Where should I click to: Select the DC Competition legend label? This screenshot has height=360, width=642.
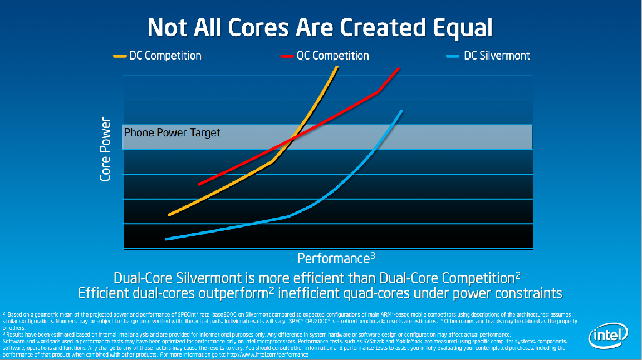pyautogui.click(x=165, y=56)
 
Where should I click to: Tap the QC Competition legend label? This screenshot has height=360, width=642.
pyautogui.click(x=332, y=56)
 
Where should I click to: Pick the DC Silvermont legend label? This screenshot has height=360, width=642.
pyautogui.click(x=497, y=56)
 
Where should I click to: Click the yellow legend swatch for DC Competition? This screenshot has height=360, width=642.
pyautogui.click(x=120, y=56)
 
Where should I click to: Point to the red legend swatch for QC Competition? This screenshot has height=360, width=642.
pyautogui.click(x=286, y=56)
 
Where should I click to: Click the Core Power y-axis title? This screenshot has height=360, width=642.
pyautogui.click(x=106, y=150)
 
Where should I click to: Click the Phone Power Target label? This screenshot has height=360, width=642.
pyautogui.click(x=172, y=133)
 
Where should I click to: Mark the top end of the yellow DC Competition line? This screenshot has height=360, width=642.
pyautogui.click(x=336, y=68)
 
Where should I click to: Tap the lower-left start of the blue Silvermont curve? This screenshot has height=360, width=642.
pyautogui.click(x=167, y=239)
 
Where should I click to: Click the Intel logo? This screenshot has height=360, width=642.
pyautogui.click(x=608, y=335)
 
